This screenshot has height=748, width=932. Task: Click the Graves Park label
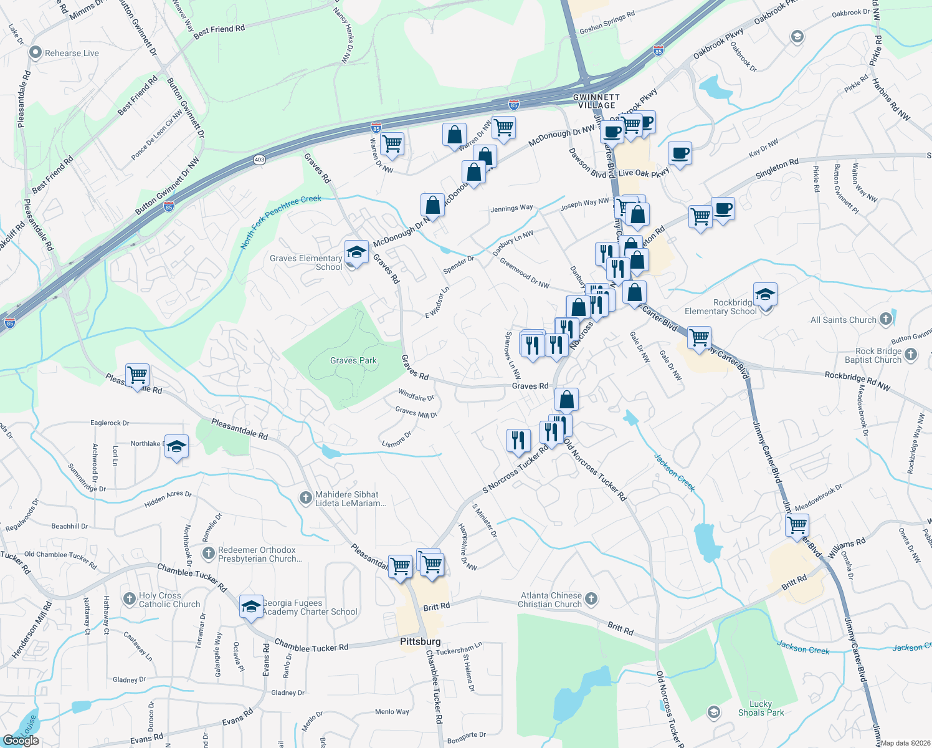[353, 360]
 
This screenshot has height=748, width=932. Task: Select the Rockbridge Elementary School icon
[765, 294]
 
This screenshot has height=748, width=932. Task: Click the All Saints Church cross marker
[885, 319]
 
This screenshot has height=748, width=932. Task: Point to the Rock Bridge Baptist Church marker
[911, 355]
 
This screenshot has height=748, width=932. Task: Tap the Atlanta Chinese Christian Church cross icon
[591, 599]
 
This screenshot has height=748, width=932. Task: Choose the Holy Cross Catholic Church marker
[129, 599]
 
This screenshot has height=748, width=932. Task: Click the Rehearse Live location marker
[36, 53]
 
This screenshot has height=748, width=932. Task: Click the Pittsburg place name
[420, 641]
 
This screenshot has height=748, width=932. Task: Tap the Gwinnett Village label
[596, 101]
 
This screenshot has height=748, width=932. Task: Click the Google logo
[21, 740]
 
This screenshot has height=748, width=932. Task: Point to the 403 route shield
[260, 160]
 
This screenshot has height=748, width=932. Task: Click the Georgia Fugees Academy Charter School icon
[251, 607]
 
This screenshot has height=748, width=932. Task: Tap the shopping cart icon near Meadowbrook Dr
[797, 525]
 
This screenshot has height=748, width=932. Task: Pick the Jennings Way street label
[511, 208]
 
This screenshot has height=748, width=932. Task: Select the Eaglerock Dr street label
[110, 423]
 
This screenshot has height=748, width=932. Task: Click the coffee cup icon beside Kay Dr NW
[680, 153]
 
